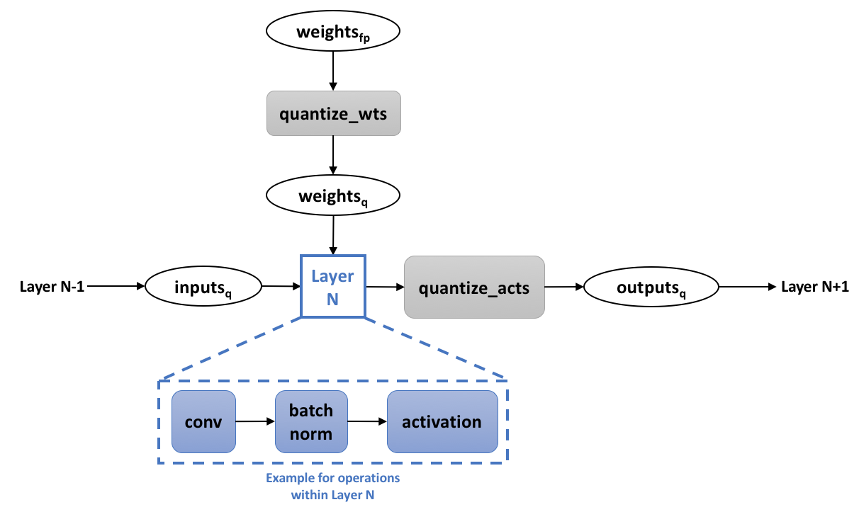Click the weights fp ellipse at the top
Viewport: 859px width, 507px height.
tap(332, 32)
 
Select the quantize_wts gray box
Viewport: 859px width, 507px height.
tap(333, 113)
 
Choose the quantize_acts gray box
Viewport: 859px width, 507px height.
tap(474, 287)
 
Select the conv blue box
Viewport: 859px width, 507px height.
tap(203, 422)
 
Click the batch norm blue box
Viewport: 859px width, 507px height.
tap(311, 422)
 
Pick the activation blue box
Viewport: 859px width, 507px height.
tap(442, 422)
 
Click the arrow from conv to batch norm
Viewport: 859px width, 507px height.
tap(255, 422)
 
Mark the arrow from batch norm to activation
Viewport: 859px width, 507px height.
tap(366, 422)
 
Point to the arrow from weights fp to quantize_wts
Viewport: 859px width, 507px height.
tap(332, 71)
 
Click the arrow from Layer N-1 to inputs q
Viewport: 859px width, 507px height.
tap(117, 286)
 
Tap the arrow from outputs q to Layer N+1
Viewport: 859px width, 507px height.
tap(748, 286)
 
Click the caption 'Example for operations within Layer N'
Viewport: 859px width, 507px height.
tap(332, 486)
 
